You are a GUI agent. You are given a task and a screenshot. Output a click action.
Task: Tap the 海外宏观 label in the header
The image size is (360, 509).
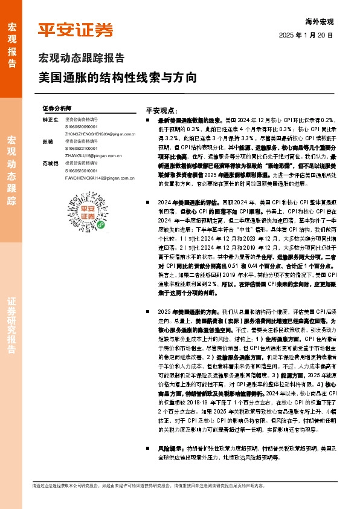pos(320,21)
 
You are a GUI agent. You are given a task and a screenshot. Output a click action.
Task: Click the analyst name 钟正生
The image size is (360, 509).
pos(50,120)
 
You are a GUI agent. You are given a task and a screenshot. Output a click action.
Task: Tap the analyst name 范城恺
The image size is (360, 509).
pos(50,163)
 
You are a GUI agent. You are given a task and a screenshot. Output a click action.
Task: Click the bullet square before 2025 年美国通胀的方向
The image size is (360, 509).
pos(149,310)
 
